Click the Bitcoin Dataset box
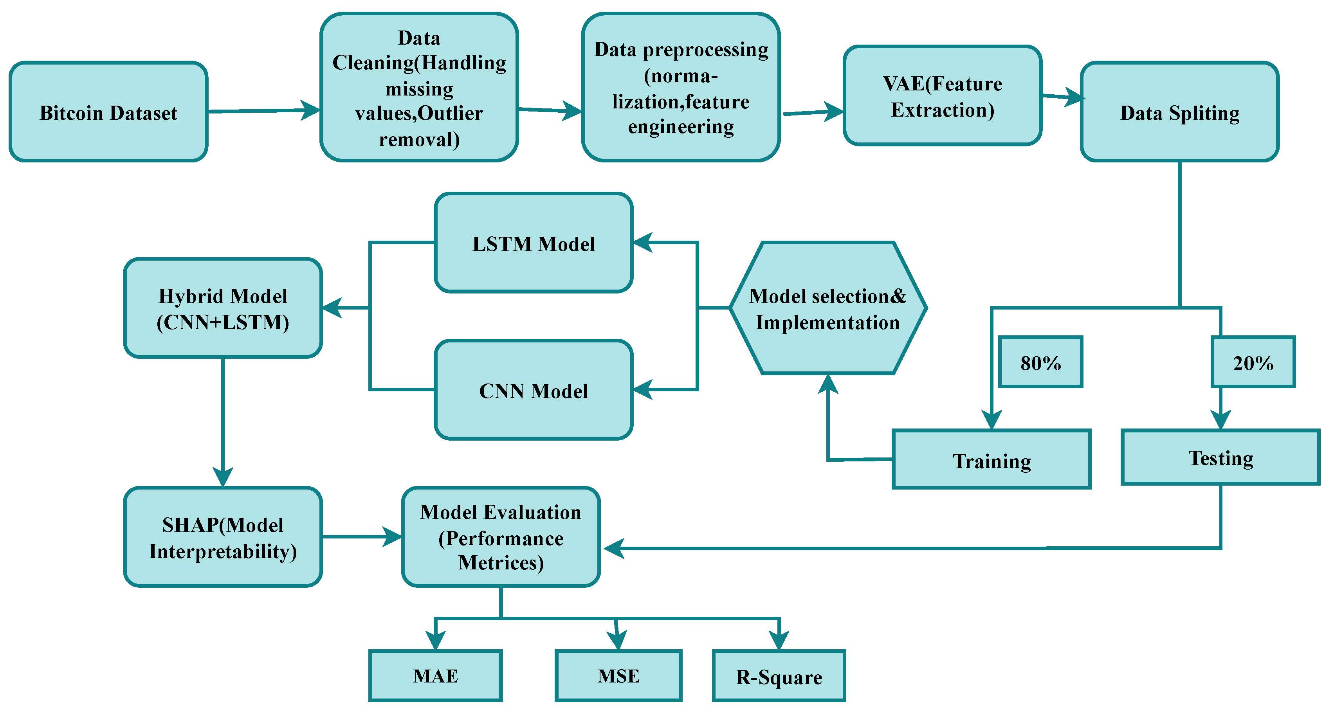(108, 112)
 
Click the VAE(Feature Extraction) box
(942, 96)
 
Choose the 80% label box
(1040, 362)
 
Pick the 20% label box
(1252, 362)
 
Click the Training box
(991, 459)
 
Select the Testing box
(1220, 457)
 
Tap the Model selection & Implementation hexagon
(828, 308)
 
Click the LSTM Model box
(534, 243)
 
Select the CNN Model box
(534, 390)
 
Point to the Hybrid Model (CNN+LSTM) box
(223, 308)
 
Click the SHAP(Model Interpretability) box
(223, 537)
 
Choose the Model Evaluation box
(501, 537)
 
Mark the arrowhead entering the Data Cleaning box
(311, 110)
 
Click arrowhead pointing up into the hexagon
(828, 384)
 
